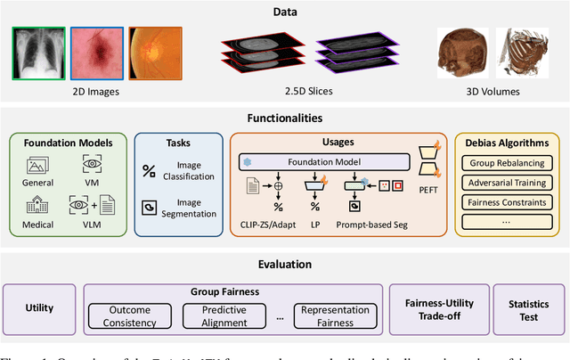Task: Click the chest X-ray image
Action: [x=38, y=53]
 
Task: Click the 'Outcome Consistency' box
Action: [x=129, y=315]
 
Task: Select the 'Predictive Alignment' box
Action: [x=224, y=315]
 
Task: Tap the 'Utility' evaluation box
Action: [x=40, y=309]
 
